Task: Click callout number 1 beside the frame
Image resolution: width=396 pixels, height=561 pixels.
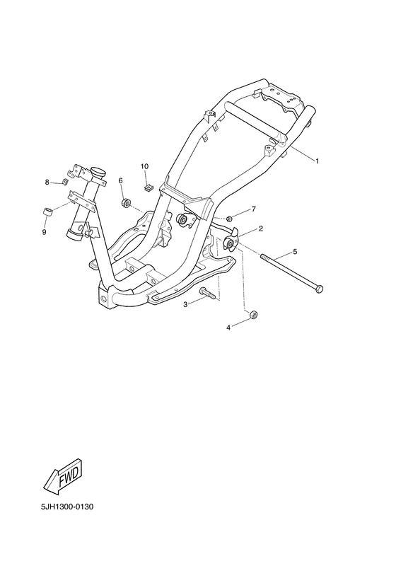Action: pyautogui.click(x=317, y=161)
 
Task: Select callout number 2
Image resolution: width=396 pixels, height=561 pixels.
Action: pyautogui.click(x=261, y=229)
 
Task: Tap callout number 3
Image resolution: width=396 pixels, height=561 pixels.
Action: pyautogui.click(x=185, y=304)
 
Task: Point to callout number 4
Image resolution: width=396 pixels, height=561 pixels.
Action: pyautogui.click(x=228, y=327)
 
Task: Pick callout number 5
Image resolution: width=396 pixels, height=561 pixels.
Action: pyautogui.click(x=295, y=252)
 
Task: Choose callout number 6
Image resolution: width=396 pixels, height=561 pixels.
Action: pyautogui.click(x=120, y=180)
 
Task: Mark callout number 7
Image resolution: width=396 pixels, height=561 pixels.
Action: pyautogui.click(x=254, y=209)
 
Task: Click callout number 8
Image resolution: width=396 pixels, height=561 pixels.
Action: pyautogui.click(x=47, y=183)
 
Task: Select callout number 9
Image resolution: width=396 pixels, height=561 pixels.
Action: pyautogui.click(x=44, y=232)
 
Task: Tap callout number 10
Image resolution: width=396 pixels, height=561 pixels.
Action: pyautogui.click(x=144, y=166)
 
